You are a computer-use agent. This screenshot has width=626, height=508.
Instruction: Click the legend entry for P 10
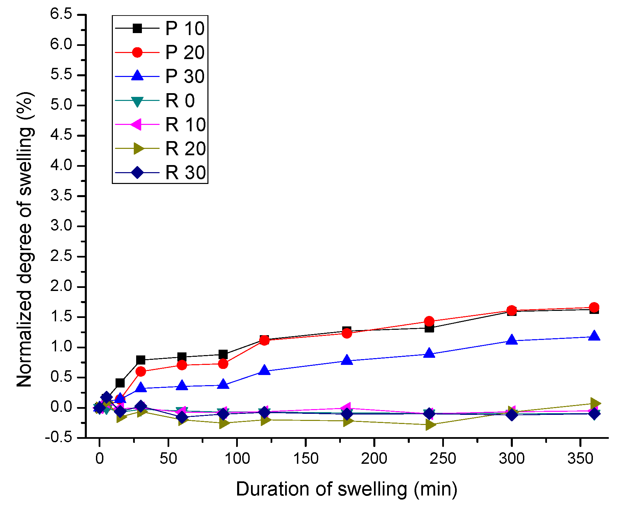(184, 28)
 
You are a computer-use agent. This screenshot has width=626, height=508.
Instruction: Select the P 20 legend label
(184, 53)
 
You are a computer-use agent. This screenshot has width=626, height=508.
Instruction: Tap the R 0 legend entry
(180, 101)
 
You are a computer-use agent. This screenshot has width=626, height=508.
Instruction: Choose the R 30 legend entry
(185, 173)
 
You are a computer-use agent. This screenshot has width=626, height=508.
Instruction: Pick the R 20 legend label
(185, 149)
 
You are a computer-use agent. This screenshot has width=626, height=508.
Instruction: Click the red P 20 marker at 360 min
(594, 308)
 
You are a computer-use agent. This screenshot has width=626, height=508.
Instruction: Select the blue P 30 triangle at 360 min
(594, 336)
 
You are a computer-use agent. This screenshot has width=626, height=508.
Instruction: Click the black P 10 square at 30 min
(141, 360)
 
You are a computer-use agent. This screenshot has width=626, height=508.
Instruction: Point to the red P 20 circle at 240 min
(429, 321)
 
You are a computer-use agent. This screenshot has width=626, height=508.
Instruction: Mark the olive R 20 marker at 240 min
(430, 425)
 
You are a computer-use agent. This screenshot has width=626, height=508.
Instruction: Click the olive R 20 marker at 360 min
(595, 403)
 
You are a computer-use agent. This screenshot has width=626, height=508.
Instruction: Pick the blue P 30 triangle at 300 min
(512, 340)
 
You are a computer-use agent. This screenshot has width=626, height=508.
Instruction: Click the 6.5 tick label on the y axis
(61, 15)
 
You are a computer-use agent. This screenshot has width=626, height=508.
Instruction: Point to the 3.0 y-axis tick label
(61, 226)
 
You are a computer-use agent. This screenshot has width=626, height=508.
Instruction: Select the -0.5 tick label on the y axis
(59, 438)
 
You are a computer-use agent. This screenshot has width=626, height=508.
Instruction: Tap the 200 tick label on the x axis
(374, 459)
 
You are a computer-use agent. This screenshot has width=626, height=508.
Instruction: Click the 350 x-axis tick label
(580, 459)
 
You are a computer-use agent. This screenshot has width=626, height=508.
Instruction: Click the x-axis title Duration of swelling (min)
(346, 489)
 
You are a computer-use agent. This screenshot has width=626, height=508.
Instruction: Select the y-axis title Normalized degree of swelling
(25, 240)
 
